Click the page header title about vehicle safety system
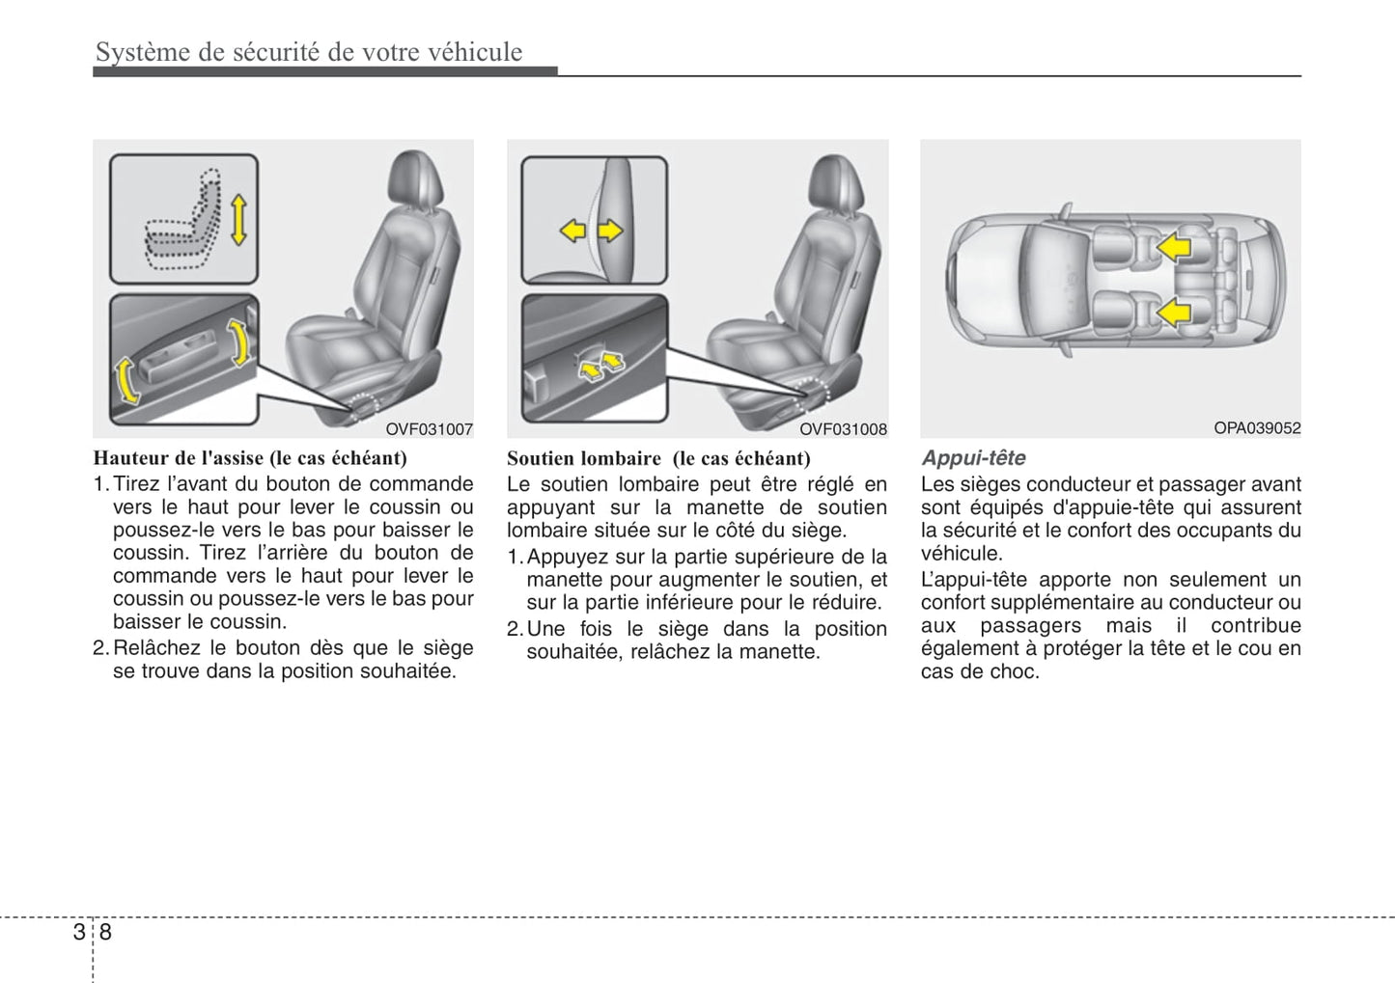(x=309, y=52)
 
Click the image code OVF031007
(x=430, y=429)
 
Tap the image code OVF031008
(x=843, y=429)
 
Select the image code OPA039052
(x=1257, y=428)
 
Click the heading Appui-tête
(x=973, y=458)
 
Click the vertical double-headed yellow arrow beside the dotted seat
(x=238, y=219)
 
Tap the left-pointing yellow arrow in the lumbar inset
(x=573, y=231)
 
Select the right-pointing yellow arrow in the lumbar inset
(x=610, y=231)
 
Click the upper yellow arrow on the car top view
(x=1174, y=248)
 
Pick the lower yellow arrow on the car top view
(x=1174, y=313)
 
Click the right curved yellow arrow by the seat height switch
(x=237, y=343)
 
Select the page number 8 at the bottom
(x=105, y=932)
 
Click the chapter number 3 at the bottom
(x=78, y=932)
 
